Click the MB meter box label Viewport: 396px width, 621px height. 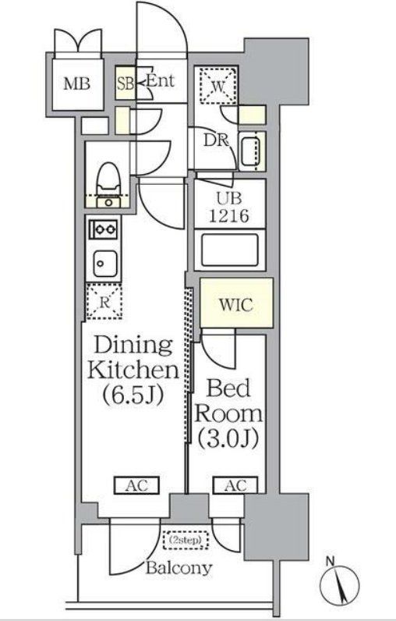click(77, 84)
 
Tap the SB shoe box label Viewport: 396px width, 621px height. click(126, 84)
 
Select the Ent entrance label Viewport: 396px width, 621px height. click(161, 81)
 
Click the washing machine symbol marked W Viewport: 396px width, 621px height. click(217, 86)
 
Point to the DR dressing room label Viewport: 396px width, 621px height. click(216, 140)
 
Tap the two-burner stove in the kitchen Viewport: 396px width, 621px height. click(103, 229)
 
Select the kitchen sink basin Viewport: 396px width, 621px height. click(104, 264)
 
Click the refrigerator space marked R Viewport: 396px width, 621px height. click(104, 302)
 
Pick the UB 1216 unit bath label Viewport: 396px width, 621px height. click(229, 208)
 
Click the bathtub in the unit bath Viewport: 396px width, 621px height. click(230, 250)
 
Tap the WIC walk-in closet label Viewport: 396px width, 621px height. click(235, 305)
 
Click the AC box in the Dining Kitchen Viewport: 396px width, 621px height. click(136, 485)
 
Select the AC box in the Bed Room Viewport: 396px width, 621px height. click(235, 485)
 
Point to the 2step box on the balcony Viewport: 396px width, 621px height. click(186, 540)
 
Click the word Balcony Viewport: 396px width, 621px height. click(179, 568)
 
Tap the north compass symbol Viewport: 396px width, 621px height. click(339, 584)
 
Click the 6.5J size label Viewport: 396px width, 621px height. click(133, 395)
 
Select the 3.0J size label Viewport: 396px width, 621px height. click(228, 438)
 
